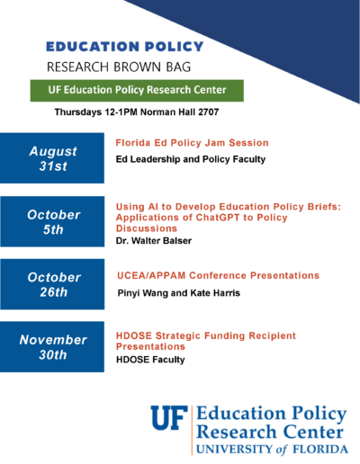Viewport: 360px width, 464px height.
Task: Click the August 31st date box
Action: point(52,158)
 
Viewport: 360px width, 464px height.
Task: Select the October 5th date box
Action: point(52,221)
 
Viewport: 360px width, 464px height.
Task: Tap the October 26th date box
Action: point(52,284)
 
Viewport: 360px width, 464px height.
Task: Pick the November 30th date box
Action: point(52,347)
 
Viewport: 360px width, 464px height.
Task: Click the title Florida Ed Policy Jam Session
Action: point(192,143)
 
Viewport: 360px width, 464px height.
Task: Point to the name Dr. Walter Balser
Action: point(154,241)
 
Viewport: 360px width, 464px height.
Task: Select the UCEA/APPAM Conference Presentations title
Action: point(218,275)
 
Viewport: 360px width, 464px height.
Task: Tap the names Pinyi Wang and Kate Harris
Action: point(179,293)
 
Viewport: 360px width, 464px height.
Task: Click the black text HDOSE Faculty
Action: point(150,360)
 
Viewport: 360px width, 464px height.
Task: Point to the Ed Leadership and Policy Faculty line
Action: point(191,159)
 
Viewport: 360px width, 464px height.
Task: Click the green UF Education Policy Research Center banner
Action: point(137,90)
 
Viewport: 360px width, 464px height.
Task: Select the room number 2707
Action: point(209,112)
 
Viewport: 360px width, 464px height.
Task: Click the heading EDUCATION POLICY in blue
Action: point(125,47)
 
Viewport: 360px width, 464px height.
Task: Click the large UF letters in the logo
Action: point(169,418)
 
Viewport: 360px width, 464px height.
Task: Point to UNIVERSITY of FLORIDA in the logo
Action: point(272,450)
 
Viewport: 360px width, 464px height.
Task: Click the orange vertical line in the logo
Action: point(192,430)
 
